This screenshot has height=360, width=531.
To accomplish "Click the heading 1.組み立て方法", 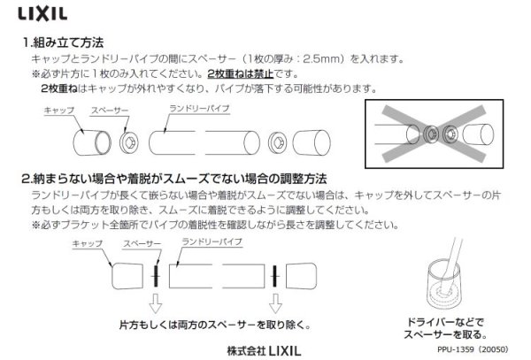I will [x=65, y=42].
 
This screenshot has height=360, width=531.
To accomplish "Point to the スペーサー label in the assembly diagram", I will [x=110, y=111].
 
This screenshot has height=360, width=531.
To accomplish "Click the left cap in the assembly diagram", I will [x=87, y=140].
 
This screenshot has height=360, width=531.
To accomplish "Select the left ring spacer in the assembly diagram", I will [x=127, y=141].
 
